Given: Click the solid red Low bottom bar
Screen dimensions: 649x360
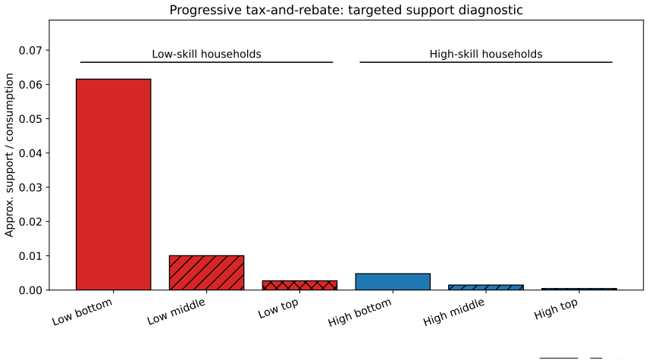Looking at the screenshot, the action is (x=114, y=185).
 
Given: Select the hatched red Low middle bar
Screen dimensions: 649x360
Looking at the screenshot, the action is (x=206, y=273).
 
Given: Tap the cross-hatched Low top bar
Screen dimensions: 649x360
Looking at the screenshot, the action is (x=299, y=285).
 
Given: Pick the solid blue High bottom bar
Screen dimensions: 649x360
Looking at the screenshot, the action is (x=393, y=282).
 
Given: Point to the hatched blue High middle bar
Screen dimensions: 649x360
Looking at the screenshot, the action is (x=486, y=287).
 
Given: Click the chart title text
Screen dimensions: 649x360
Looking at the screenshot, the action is (x=346, y=10).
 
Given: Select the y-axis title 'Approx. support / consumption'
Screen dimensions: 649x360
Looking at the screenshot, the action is (x=9, y=155).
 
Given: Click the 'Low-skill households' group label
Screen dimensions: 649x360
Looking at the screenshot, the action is (x=206, y=55).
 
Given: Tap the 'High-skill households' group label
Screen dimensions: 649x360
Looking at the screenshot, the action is (x=486, y=55).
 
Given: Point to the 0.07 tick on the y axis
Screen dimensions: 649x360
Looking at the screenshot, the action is (x=30, y=51).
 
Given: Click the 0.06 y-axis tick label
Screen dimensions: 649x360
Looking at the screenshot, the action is (x=30, y=85).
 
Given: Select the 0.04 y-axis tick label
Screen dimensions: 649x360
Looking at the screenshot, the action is (x=30, y=153).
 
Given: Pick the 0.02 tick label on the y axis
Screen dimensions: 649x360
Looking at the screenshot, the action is (x=30, y=222).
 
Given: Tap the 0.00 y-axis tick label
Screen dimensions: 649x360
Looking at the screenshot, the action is (x=30, y=290).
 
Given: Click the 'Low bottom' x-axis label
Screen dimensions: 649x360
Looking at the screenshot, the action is (x=82, y=311).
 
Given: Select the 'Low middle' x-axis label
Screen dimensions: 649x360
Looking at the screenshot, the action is (x=177, y=311).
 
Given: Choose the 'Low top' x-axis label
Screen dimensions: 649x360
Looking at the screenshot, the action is (x=278, y=308).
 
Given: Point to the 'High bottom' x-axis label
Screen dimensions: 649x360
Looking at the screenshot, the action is (x=359, y=312).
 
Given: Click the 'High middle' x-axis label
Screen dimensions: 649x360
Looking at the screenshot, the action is (x=453, y=312).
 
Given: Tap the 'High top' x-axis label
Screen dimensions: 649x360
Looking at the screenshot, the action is (x=556, y=309).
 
